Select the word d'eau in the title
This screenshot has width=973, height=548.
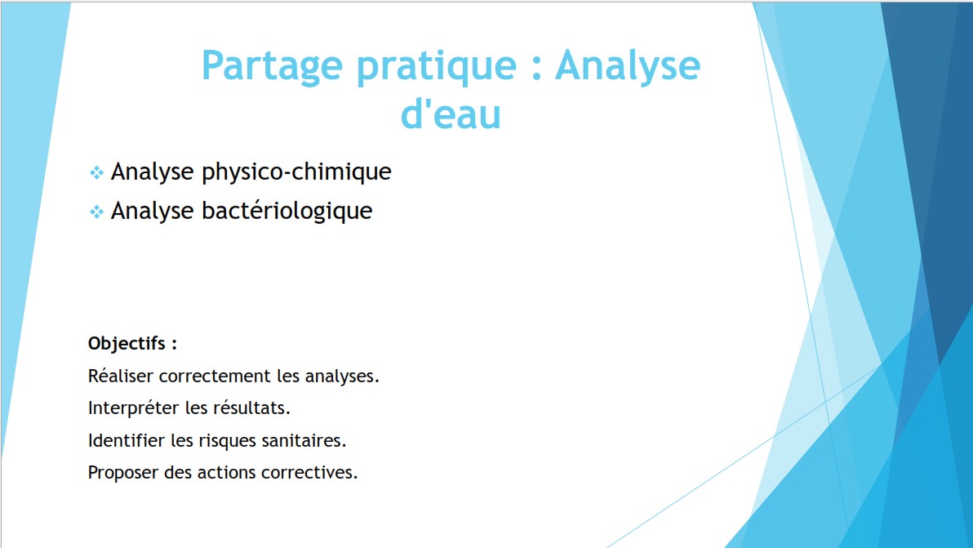tap(451, 114)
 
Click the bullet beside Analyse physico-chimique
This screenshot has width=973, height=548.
tap(96, 172)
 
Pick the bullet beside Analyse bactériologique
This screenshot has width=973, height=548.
tap(96, 212)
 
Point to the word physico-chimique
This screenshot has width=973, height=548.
tap(296, 172)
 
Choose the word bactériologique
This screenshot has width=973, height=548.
tap(287, 212)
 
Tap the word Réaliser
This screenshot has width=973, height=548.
tap(120, 376)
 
